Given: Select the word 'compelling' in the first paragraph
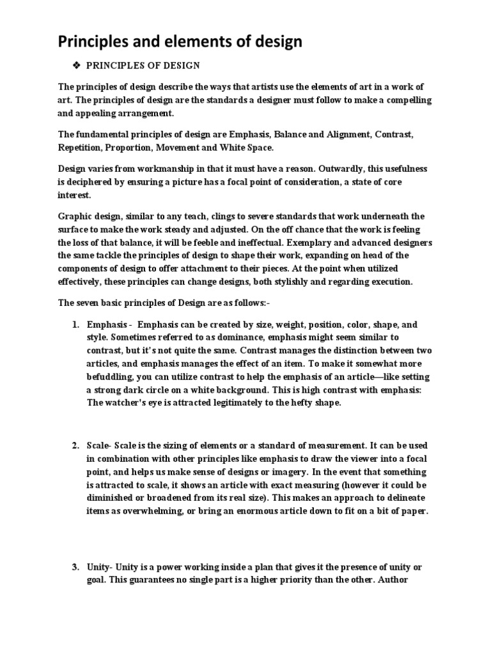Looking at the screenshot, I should click(402, 100).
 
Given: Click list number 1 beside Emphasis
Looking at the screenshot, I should click(74, 325).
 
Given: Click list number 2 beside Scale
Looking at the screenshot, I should click(74, 444).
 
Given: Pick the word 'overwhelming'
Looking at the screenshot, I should click(156, 511).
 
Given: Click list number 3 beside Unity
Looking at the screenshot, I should click(74, 567).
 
